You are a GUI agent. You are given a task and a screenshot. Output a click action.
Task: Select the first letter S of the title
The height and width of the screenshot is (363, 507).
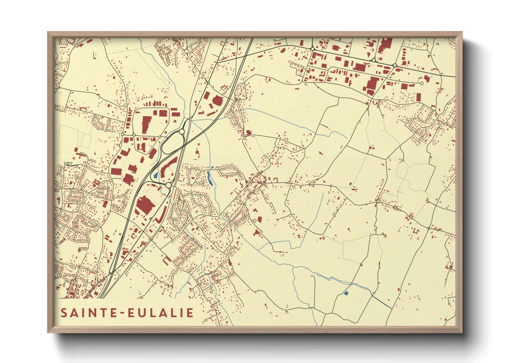point(64,313)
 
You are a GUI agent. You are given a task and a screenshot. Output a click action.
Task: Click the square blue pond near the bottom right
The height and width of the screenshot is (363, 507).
point(346,293)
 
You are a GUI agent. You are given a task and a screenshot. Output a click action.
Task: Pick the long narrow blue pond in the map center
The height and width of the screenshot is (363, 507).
point(210,177)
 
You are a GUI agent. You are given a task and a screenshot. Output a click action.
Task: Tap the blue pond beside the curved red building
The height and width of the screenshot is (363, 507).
point(156,176)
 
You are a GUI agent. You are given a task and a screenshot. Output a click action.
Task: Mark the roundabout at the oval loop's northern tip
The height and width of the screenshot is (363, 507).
point(182,131)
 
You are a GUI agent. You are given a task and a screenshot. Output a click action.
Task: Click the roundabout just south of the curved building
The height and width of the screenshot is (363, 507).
point(168,185)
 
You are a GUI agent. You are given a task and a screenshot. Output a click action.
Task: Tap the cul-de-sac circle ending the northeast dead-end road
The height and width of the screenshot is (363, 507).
point(422,83)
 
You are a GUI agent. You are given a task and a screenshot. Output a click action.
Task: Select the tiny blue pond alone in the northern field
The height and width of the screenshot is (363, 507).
point(262,94)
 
